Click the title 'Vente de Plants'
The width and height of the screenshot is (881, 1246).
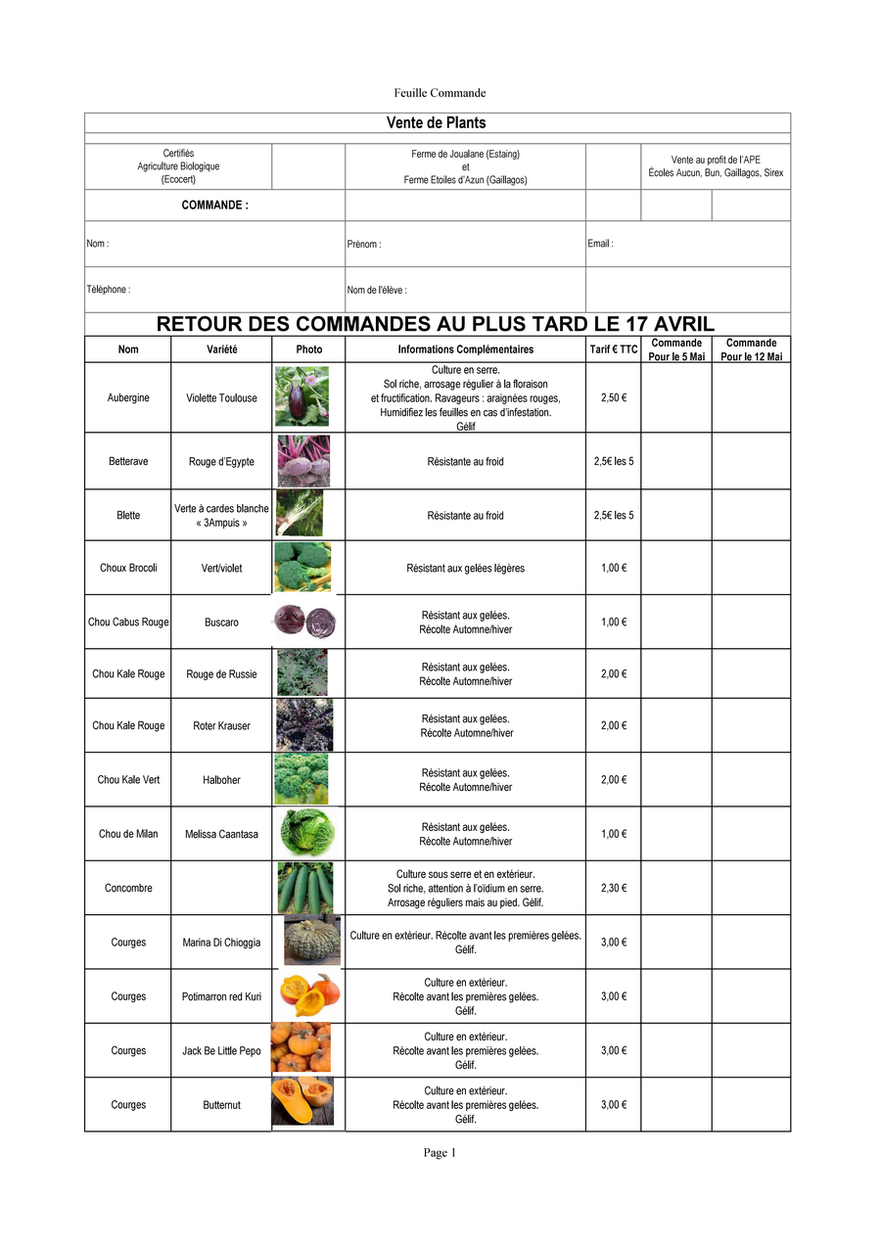coord(437,122)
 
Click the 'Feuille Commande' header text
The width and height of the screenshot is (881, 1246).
coord(440,93)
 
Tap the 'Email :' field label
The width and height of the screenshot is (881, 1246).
coord(600,244)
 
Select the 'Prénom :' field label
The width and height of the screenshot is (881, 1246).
coord(364,245)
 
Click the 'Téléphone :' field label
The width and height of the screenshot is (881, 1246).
coord(108,290)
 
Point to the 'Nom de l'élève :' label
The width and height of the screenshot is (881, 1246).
coord(377,291)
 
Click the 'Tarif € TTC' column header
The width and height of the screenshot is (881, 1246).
coord(614,349)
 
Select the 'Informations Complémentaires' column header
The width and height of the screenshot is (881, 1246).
coord(465,349)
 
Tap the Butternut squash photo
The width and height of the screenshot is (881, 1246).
coord(302,1102)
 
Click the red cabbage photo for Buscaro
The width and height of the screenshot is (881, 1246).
coord(303,622)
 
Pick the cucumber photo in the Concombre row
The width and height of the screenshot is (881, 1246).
coord(304,888)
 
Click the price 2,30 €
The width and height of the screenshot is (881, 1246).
coord(614,888)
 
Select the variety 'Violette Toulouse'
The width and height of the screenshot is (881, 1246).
coord(221,398)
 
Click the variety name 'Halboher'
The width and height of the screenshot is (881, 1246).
coord(221,780)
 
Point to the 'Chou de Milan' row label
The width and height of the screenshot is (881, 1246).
coord(128,834)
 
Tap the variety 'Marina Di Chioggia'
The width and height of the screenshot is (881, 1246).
coord(221,943)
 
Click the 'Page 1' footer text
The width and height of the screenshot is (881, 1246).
coord(440,1153)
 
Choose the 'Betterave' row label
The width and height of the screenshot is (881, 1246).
coord(128,461)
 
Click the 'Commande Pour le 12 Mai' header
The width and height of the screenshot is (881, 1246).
coord(751,349)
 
